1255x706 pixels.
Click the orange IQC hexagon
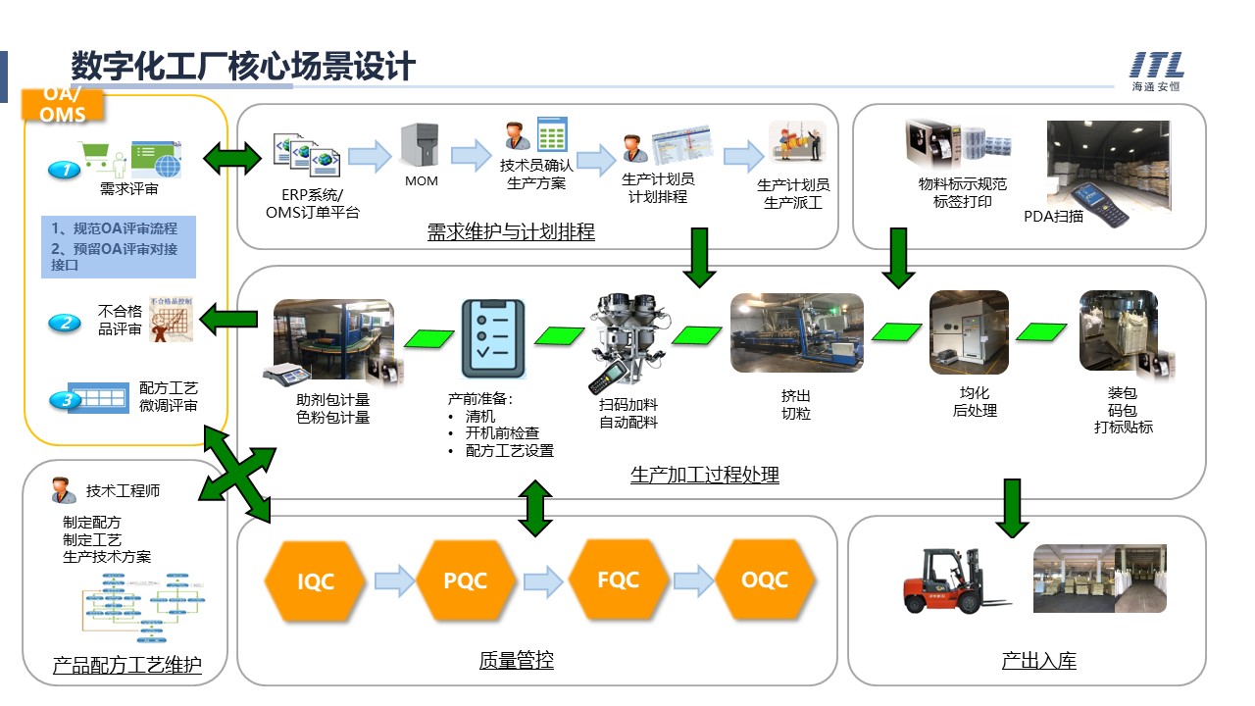click(315, 581)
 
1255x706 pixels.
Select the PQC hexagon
click(465, 580)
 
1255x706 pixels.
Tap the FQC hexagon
click(618, 580)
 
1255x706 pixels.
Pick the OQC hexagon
click(765, 580)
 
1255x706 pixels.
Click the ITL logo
click(1157, 71)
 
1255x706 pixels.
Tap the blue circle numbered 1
click(65, 170)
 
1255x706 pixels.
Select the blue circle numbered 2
click(65, 322)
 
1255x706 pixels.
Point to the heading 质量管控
click(516, 661)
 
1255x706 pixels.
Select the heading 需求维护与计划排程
click(511, 232)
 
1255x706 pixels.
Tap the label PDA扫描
click(1054, 216)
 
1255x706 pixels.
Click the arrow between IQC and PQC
click(394, 580)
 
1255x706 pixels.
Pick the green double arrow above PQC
click(534, 508)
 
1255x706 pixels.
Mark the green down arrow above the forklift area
click(1014, 508)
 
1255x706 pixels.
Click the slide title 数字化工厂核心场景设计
click(243, 67)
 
